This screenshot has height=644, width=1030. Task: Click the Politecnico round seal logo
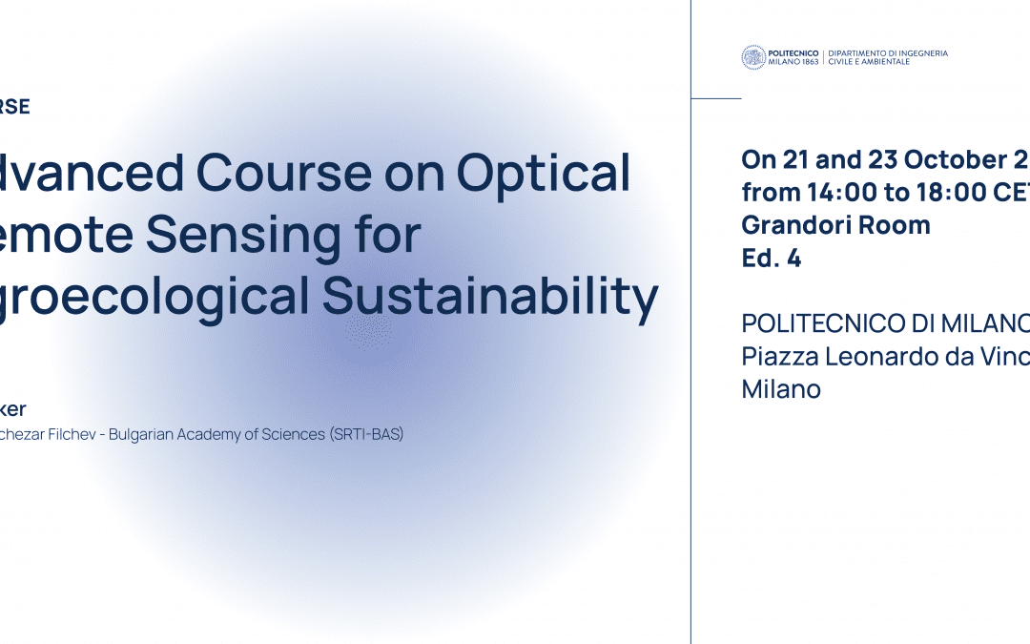pos(753,57)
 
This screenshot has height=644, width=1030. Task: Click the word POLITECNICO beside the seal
pos(793,52)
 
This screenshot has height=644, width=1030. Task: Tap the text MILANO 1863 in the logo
pos(793,62)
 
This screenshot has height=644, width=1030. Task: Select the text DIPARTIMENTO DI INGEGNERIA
pos(888,52)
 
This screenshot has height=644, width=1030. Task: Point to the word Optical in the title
pos(544,173)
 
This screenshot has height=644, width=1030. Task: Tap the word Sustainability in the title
pos(490,297)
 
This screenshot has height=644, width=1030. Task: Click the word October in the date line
pos(940,159)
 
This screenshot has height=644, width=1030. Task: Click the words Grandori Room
pos(835,226)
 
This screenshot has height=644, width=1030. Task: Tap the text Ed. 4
pos(772,259)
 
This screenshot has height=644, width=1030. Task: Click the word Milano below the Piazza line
pos(781,389)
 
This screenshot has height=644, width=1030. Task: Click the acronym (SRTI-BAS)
pos(366,435)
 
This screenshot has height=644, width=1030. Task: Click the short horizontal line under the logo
pos(716,98)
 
